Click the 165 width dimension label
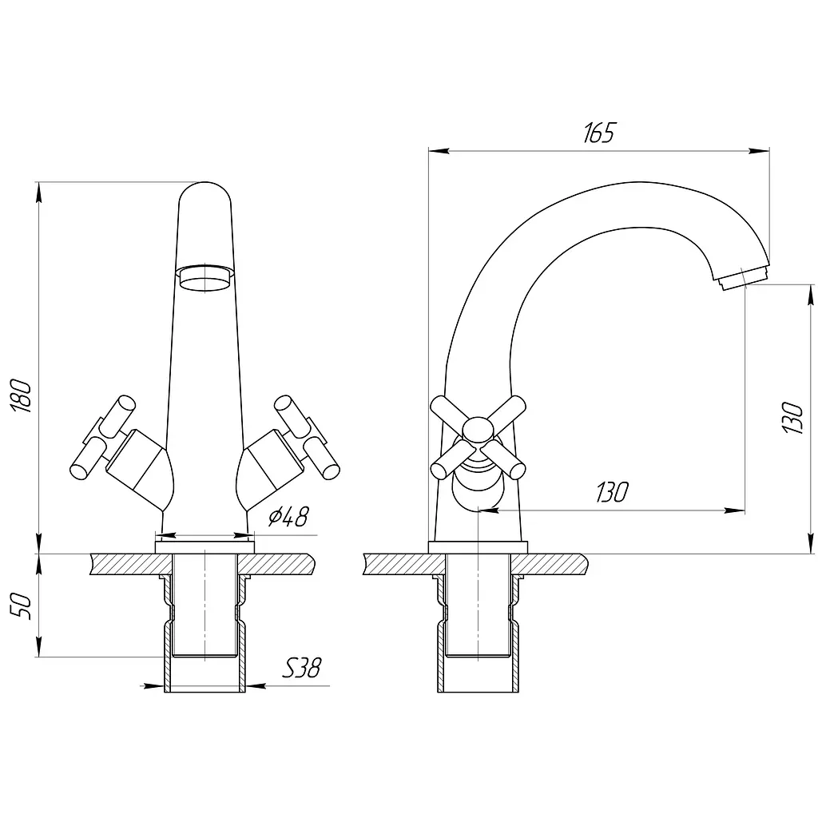tap(599, 133)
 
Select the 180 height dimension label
tap(22, 396)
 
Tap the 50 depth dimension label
tap(22, 606)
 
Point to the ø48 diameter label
tap(288, 517)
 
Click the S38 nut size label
tap(302, 667)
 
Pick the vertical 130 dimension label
tap(792, 417)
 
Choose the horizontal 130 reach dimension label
tap(613, 492)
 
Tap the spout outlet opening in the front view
tap(205, 278)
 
